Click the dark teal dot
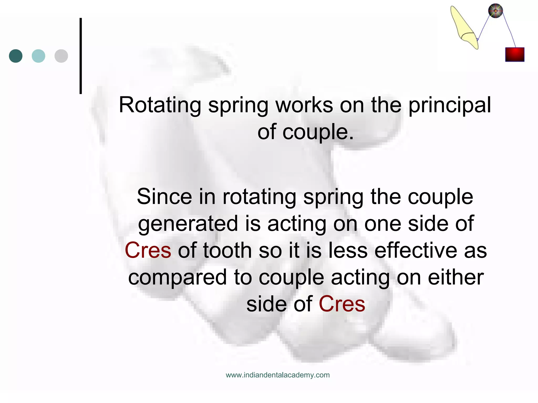coord(16,56)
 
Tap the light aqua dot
coord(38,56)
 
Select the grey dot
coord(61,56)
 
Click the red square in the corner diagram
coord(515,55)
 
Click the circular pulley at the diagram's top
coord(495,11)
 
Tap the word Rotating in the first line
coord(160,105)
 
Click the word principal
coord(450,105)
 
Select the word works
coord(304,105)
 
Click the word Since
coord(164,197)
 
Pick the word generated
coord(188,224)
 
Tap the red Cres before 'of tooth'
coord(148,251)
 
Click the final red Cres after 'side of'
coord(342,304)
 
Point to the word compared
coord(177,278)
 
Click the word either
coord(456,278)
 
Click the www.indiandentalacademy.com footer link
coord(278,375)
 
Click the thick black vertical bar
coord(81,56)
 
